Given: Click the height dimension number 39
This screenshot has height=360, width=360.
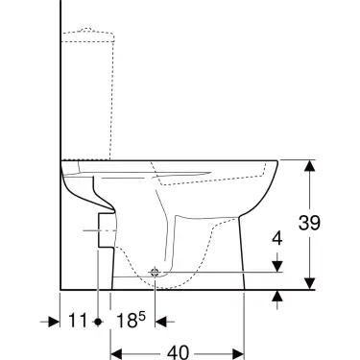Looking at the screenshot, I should [x=334, y=223].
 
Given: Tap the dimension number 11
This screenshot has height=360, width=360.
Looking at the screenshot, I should [x=79, y=319].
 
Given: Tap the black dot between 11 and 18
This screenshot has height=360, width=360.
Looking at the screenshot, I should [x=97, y=321].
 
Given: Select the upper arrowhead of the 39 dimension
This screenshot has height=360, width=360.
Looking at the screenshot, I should [x=310, y=165].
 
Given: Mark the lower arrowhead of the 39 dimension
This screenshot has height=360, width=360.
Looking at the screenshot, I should [x=310, y=282].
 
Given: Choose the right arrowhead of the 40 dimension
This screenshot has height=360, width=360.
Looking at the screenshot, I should [x=244, y=352].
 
